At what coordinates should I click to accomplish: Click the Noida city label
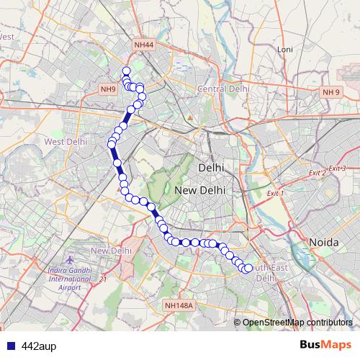[x=323, y=243]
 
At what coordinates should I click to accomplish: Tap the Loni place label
[x=286, y=49]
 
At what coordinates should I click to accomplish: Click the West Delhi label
[x=66, y=141]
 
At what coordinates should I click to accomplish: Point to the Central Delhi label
[x=223, y=89]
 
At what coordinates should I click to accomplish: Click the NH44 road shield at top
[x=144, y=45]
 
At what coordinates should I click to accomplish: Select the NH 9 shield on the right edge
[x=331, y=92]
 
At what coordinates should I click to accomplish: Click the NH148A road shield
[x=179, y=305]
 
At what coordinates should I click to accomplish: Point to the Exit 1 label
[x=276, y=194]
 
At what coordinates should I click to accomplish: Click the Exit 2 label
[x=317, y=174]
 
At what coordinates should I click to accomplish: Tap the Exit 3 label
[x=338, y=168]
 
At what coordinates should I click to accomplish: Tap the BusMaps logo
[x=325, y=346]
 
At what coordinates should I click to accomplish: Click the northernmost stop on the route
[x=126, y=71]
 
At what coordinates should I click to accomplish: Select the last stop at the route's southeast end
[x=249, y=268]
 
